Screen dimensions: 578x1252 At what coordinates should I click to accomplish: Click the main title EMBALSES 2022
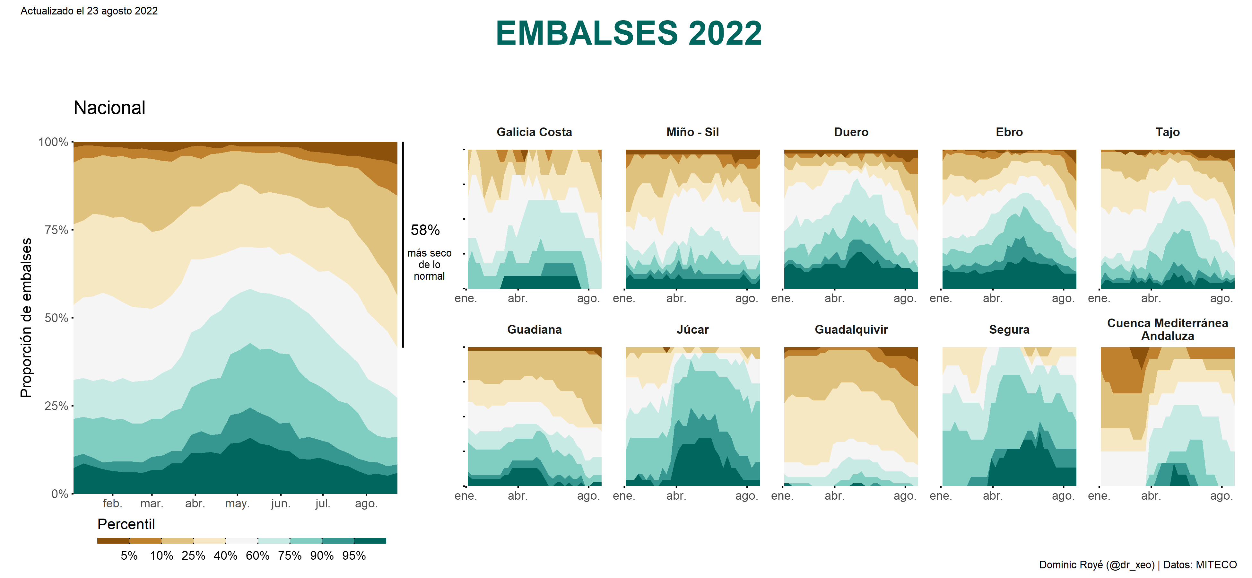[x=629, y=33]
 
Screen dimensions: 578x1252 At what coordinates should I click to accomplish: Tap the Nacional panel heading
[x=109, y=108]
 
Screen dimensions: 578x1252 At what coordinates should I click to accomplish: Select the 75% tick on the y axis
[x=57, y=230]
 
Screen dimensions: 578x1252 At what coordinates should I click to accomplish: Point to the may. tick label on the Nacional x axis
[x=237, y=504]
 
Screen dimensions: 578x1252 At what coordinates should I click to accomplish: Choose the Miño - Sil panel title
[x=692, y=132]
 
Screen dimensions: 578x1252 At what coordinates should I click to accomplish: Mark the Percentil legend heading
[x=126, y=524]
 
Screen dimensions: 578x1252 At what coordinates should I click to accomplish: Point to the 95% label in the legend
[x=354, y=556]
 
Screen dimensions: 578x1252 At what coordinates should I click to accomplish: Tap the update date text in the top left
[x=89, y=11]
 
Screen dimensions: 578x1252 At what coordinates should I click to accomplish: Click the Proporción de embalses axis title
[x=26, y=318]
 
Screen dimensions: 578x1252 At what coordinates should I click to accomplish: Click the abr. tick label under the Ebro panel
[x=993, y=299]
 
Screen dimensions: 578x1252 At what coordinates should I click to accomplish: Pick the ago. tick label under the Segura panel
[x=1063, y=496]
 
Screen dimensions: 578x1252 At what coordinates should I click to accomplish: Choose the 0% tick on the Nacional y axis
[x=59, y=494]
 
